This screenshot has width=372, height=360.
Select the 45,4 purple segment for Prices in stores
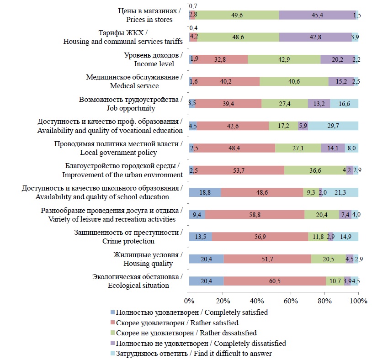[x=317, y=15]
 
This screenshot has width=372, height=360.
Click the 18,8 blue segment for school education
[x=205, y=192]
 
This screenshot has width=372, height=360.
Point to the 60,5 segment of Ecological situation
[x=275, y=281]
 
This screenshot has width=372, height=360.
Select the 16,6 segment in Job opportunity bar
[x=344, y=104]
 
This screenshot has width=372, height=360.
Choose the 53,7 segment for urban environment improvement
[x=239, y=170]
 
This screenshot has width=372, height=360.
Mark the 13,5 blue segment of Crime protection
[x=200, y=237]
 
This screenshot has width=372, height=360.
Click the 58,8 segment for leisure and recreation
[x=255, y=214]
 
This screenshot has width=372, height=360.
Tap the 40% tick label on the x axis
[x=257, y=301]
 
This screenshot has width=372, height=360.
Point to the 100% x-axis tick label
[x=359, y=301]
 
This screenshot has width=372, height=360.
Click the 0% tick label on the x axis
[x=189, y=301]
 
